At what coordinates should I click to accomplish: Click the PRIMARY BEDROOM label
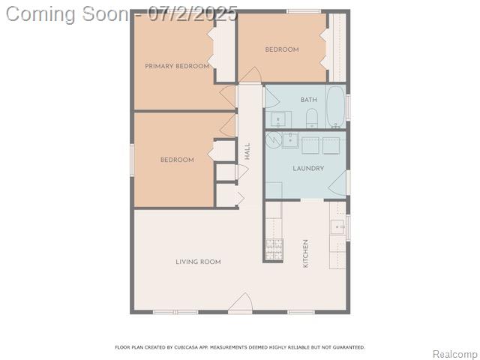177,66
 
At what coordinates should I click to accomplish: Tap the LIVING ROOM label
198,262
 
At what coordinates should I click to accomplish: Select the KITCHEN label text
305,253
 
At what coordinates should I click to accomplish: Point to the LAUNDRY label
308,168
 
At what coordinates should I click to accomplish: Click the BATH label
308,100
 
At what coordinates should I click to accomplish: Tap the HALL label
247,151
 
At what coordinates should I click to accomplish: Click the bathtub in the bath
336,106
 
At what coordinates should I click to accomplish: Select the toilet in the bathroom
312,118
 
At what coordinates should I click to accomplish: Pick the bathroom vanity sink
278,119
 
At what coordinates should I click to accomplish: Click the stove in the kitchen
274,250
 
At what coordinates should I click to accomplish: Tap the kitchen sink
338,226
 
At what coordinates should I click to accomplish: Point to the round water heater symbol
273,140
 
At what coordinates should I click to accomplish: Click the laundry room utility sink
290,140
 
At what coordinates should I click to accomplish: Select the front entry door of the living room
241,303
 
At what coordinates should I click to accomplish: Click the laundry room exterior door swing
338,184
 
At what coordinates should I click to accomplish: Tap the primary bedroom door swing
228,96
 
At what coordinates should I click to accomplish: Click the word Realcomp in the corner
456,354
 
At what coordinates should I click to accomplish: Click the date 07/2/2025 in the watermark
193,14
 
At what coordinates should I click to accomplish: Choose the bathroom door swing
271,97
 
